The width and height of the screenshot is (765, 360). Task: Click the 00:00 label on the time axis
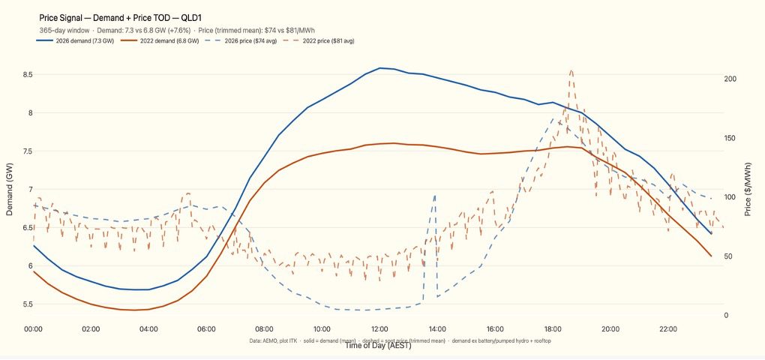pyautogui.click(x=34, y=329)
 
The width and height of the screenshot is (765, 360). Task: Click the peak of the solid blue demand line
pyautogui.click(x=381, y=68)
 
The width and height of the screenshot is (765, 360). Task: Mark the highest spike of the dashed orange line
pyautogui.click(x=571, y=70)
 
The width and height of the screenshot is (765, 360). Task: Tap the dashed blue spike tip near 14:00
pyautogui.click(x=435, y=196)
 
